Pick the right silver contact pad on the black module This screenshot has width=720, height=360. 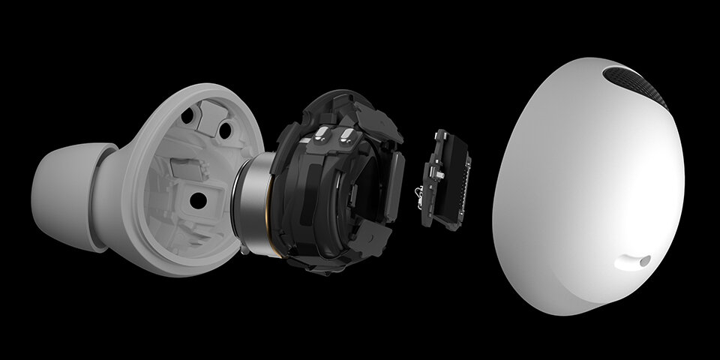point(347,136)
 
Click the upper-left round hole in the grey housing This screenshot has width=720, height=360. point(187,115)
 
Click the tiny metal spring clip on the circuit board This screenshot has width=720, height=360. point(418,196)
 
